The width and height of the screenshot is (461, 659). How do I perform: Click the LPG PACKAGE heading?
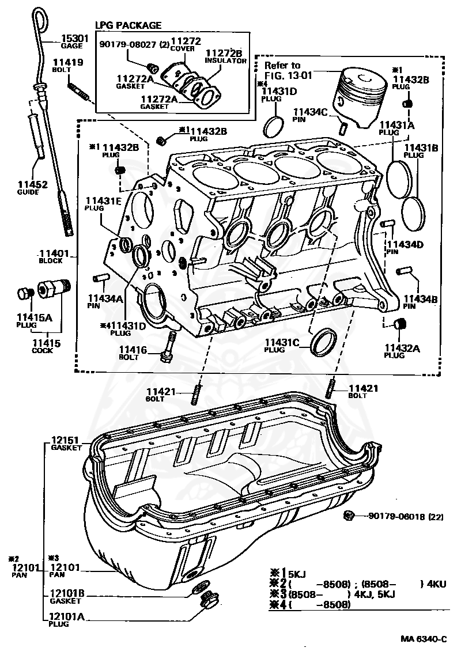tap(128, 25)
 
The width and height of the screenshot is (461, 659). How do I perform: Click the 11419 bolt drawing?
tap(79, 92)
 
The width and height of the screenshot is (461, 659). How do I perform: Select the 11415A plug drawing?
tap(24, 294)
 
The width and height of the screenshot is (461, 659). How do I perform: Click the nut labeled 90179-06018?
tap(349, 516)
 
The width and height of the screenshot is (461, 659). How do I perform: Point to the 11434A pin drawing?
tap(103, 279)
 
